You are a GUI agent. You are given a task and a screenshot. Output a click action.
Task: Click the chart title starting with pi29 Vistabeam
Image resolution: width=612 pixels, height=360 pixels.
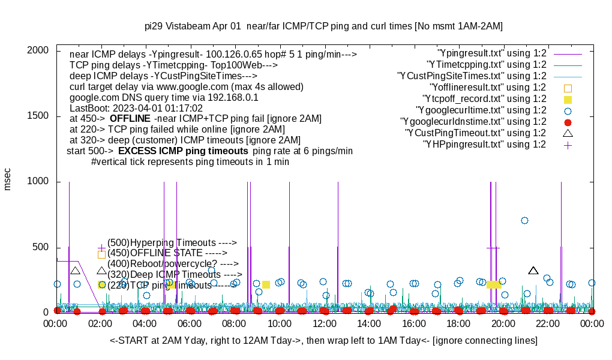[x=324, y=26]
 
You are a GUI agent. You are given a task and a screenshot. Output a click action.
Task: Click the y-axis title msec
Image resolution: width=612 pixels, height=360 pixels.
[x=8, y=180]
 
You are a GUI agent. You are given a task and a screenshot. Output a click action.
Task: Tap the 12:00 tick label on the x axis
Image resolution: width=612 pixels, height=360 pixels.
[x=324, y=324]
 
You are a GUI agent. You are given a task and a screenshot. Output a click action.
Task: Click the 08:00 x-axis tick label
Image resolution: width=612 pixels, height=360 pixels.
[x=235, y=324]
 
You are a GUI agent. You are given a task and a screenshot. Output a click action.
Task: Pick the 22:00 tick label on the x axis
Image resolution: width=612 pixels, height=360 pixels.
[x=547, y=324]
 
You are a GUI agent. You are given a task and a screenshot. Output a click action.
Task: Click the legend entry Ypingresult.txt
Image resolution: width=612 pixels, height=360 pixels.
[x=491, y=53]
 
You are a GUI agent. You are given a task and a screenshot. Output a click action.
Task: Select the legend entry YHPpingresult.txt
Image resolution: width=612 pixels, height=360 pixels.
[x=484, y=145]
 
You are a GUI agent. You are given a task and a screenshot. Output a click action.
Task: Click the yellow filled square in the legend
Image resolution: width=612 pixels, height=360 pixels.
[x=568, y=99]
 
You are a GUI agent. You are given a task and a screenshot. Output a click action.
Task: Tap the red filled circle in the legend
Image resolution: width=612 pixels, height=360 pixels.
[x=568, y=122]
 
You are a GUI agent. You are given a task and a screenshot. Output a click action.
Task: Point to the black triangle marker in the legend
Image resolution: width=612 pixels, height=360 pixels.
[x=568, y=133]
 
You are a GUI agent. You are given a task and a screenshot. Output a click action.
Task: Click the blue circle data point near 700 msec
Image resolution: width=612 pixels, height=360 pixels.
[x=524, y=220]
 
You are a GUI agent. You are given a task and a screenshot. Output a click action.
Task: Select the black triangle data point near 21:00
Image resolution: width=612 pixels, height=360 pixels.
[x=533, y=271]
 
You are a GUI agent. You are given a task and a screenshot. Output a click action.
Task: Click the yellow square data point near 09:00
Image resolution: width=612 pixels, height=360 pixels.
[x=266, y=284]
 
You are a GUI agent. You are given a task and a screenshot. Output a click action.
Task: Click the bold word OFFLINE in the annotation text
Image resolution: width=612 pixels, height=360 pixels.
[x=129, y=119]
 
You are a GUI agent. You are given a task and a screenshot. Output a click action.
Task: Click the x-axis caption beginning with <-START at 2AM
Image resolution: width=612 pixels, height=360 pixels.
[x=323, y=341]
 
